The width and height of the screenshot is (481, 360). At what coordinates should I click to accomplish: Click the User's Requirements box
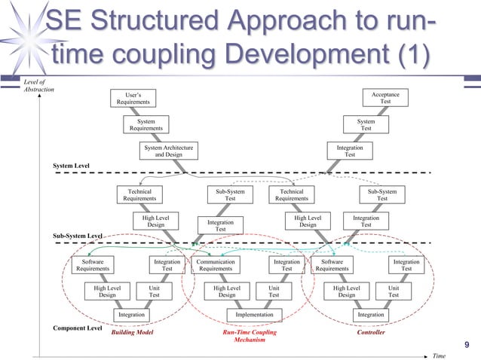click(133, 98)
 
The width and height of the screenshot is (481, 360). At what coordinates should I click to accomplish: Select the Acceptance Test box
click(385, 98)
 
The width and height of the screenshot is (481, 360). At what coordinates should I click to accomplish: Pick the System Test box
click(366, 124)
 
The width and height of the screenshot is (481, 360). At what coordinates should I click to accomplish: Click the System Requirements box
click(146, 124)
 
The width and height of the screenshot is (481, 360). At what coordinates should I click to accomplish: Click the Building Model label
click(133, 332)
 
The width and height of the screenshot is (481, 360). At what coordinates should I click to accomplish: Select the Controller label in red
click(370, 332)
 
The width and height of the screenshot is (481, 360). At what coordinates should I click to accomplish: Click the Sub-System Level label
click(77, 236)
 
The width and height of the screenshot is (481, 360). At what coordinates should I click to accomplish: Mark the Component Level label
click(77, 328)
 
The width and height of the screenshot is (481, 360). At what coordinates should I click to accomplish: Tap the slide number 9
click(467, 345)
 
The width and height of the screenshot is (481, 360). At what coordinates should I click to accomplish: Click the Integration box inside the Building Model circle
click(132, 314)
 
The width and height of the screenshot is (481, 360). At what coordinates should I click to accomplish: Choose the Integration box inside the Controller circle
click(371, 314)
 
